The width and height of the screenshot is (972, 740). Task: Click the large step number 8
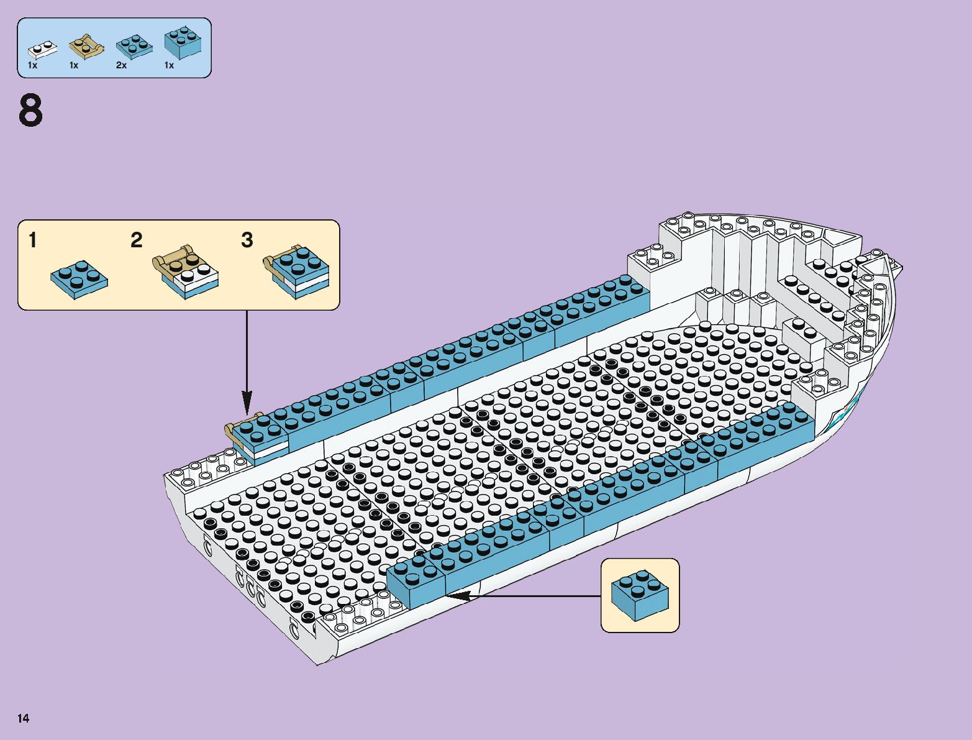[x=30, y=111]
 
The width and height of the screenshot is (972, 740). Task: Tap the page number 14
[x=24, y=718]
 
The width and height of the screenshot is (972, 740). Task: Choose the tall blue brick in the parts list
[x=183, y=42]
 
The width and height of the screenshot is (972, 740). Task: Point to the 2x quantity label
[x=121, y=65]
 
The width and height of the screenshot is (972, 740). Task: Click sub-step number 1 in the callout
[x=33, y=240]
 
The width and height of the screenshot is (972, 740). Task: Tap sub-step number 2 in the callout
[x=137, y=240]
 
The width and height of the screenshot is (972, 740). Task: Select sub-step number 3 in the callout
[x=247, y=240]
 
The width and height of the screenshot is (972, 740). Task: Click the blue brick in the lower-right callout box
[x=640, y=595]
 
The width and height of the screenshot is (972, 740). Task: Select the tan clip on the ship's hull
[x=234, y=430]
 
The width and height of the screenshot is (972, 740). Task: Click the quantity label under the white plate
[x=33, y=65]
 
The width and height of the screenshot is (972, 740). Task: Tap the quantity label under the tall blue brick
[x=169, y=65]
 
